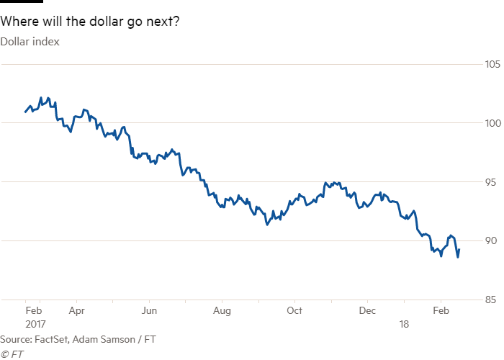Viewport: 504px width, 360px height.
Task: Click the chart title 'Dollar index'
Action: pyautogui.click(x=30, y=41)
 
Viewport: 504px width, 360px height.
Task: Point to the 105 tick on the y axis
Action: pyautogui.click(x=492, y=66)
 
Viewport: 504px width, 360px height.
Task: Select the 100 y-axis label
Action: pyautogui.click(x=492, y=124)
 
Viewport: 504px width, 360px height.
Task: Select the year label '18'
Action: pyautogui.click(x=405, y=324)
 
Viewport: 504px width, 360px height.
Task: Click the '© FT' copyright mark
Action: pyautogui.click(x=9, y=353)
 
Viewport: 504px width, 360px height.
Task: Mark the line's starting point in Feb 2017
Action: pyautogui.click(x=26, y=112)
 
